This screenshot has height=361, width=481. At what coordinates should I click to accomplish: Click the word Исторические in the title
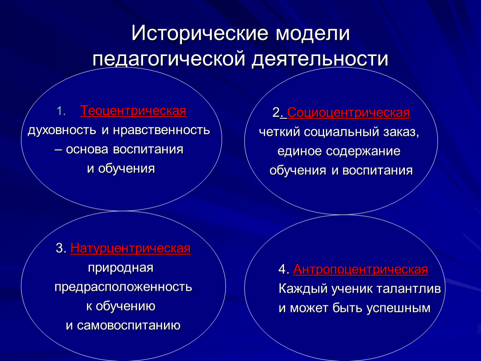(x=200, y=33)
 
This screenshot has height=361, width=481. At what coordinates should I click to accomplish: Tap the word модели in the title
(x=312, y=33)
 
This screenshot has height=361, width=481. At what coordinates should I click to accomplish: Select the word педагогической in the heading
(x=169, y=59)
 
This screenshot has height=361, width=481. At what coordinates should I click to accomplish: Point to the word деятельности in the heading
(x=320, y=59)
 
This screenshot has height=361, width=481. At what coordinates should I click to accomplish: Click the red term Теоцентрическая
(x=133, y=111)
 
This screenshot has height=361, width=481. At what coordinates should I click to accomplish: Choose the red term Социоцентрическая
(x=348, y=113)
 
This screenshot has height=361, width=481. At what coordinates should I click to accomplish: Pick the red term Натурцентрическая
(x=130, y=248)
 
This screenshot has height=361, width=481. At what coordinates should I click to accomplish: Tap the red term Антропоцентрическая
(x=361, y=269)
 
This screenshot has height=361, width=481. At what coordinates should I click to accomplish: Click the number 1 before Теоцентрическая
(x=60, y=111)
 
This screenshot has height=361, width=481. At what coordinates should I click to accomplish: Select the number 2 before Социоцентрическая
(x=276, y=112)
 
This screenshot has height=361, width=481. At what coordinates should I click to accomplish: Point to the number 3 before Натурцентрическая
(x=59, y=248)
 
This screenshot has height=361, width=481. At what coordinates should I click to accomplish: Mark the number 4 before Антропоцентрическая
(x=282, y=269)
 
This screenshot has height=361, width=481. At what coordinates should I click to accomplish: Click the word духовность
(x=62, y=130)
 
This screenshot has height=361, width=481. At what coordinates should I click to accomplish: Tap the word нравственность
(x=161, y=130)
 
